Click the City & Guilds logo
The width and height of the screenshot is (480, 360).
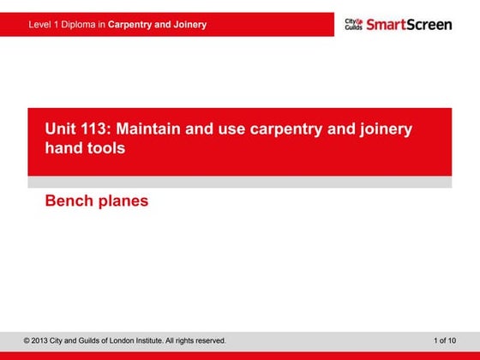(x=353, y=24)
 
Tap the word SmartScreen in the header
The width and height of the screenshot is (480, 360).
(x=409, y=24)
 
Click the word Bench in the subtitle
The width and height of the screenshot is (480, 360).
(x=67, y=201)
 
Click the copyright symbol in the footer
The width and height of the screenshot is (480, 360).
(x=27, y=341)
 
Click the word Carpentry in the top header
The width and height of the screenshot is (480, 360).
(x=130, y=25)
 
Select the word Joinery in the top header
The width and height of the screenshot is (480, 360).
(x=189, y=25)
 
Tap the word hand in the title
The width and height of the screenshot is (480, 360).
(x=63, y=147)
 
